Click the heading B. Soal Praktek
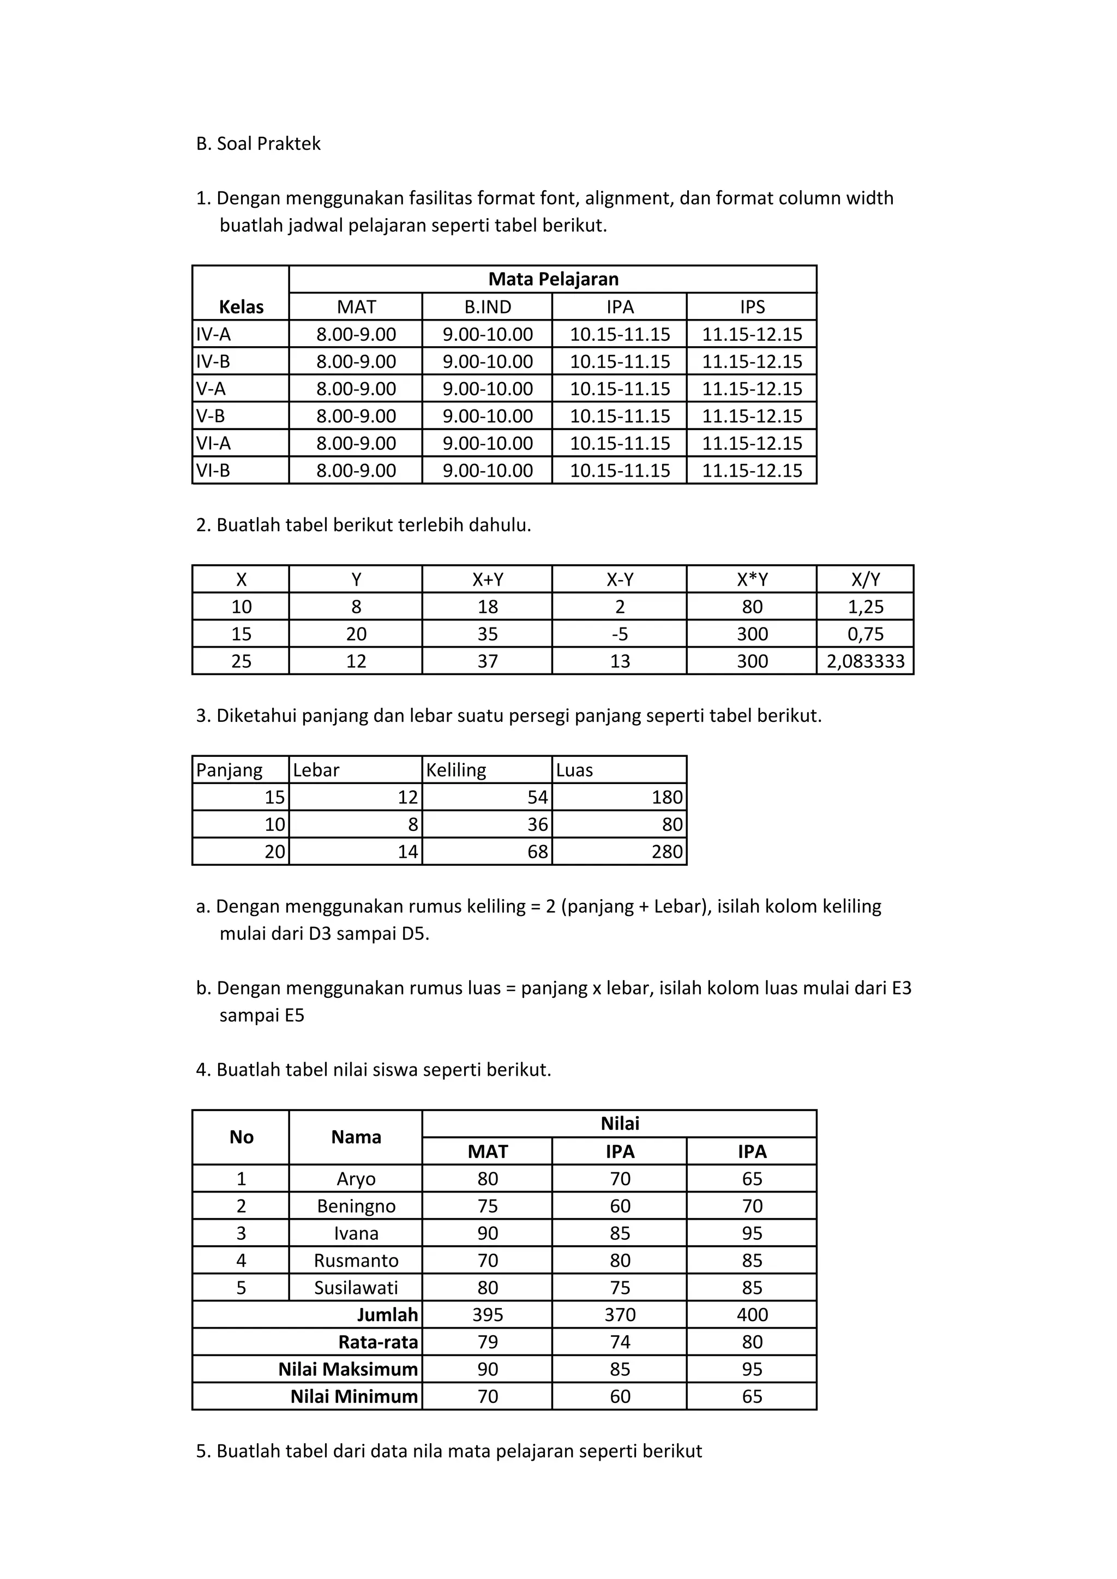tap(258, 144)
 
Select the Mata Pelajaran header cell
tap(553, 279)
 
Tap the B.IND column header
tap(488, 307)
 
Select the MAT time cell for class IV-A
tap(356, 334)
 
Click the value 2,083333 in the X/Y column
tap(865, 661)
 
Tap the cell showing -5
tap(620, 634)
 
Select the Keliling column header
tap(456, 770)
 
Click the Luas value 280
tap(666, 852)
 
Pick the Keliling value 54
tap(537, 798)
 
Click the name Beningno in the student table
tap(356, 1206)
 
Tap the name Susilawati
tap(356, 1288)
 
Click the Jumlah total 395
tap(488, 1315)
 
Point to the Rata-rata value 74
tap(620, 1342)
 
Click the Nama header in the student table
tap(356, 1137)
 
